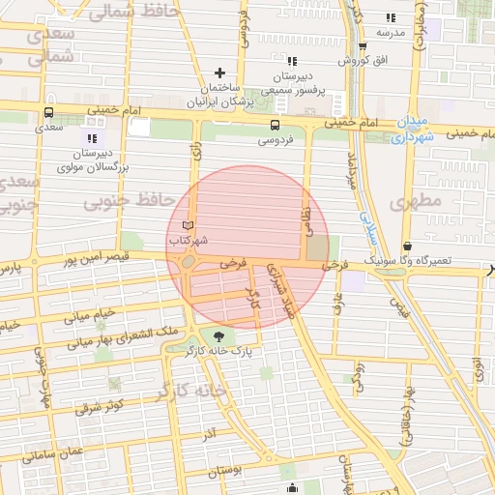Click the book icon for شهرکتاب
point(188,225)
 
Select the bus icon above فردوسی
point(276,125)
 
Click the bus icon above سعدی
point(48,111)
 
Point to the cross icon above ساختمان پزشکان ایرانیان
point(219,73)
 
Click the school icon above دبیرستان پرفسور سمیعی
point(281,58)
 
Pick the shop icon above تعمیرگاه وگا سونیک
point(408,246)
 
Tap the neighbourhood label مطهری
point(415,201)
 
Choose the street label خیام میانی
point(89,314)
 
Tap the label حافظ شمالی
point(145,12)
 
